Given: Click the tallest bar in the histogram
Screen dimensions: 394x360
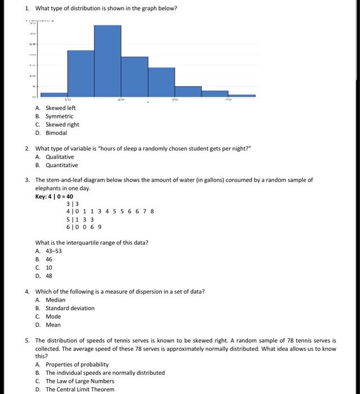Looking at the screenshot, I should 107,61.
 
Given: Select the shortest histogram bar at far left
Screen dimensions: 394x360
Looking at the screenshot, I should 54,95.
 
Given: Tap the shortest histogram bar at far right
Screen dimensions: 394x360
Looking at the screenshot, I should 242,96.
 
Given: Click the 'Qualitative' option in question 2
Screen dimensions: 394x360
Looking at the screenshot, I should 60,157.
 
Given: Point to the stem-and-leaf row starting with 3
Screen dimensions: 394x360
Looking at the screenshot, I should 73,204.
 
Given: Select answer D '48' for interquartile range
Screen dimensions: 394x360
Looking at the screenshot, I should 49,276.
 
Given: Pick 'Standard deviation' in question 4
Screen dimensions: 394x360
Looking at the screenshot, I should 70,308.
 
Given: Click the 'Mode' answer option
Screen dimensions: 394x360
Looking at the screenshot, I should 53,316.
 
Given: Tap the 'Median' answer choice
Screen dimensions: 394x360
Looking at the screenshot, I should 55,300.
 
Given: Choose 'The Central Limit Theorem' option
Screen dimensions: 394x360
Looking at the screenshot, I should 79,389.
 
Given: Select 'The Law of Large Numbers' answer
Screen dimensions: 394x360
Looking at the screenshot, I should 79,381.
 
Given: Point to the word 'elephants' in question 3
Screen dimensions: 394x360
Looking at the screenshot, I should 48,188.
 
